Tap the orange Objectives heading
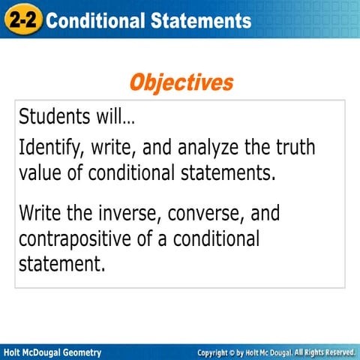tap(180, 82)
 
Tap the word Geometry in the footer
tap(77, 352)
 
